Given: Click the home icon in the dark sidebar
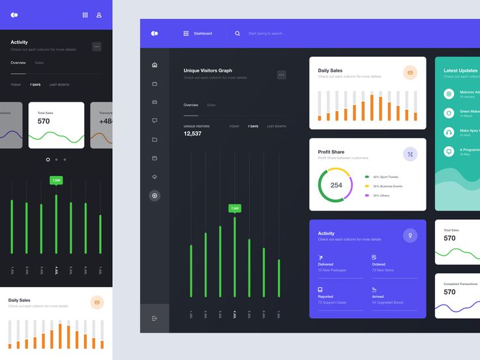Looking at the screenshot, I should click(x=155, y=65).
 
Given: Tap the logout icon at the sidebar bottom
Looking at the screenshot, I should click(x=155, y=318).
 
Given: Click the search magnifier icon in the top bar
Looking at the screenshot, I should click(x=237, y=33).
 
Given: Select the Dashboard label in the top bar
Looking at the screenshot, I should click(x=202, y=33).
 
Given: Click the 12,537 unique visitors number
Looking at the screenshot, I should click(x=192, y=134).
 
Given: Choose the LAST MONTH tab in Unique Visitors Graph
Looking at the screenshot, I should click(x=276, y=126).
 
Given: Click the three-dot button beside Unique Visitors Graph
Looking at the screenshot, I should click(x=282, y=75).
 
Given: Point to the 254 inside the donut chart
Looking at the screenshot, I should click(x=336, y=185).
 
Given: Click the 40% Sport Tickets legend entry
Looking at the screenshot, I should click(x=385, y=177).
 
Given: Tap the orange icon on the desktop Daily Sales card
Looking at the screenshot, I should click(x=410, y=73).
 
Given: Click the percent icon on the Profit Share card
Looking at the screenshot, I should click(x=410, y=155).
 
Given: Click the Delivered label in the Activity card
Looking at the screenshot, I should click(x=326, y=264).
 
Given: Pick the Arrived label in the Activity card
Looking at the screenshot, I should click(x=379, y=296).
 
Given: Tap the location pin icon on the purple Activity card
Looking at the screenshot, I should click(x=410, y=235).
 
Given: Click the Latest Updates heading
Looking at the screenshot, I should click(x=460, y=70).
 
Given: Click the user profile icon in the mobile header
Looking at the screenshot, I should click(x=99, y=14).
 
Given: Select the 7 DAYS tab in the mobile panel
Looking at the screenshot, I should click(x=35, y=85).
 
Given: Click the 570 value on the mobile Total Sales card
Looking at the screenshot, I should click(x=44, y=121).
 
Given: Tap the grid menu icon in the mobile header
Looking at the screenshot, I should click(x=85, y=14).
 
